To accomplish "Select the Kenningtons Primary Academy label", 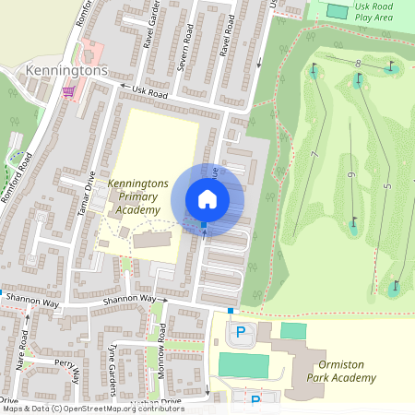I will pos(138,197).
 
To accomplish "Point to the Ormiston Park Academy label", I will pos(341,371).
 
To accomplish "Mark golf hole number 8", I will pos(357,62).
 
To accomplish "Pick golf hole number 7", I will pos(314,153).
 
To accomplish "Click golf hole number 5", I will pos(387,187).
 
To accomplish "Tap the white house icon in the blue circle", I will pos(207,198).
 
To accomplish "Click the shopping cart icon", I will pos(68,91).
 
